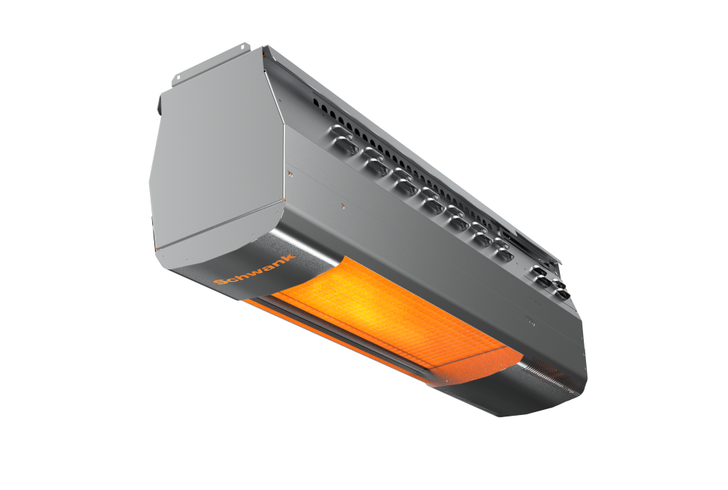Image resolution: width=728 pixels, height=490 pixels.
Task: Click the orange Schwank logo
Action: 254,270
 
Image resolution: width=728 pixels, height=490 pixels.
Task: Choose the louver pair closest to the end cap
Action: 344,139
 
